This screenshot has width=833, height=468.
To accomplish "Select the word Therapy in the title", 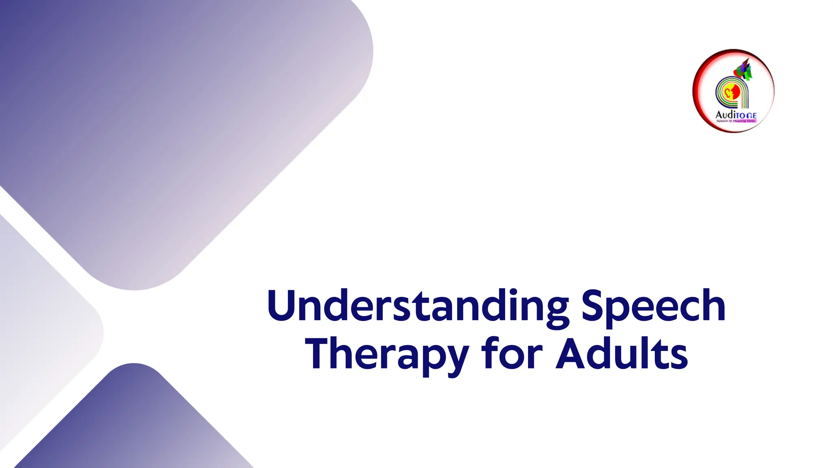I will point(387,355).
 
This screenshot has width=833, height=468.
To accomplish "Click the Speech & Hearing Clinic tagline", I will point(736,121).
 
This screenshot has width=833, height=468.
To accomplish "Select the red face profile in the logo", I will point(735,91).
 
